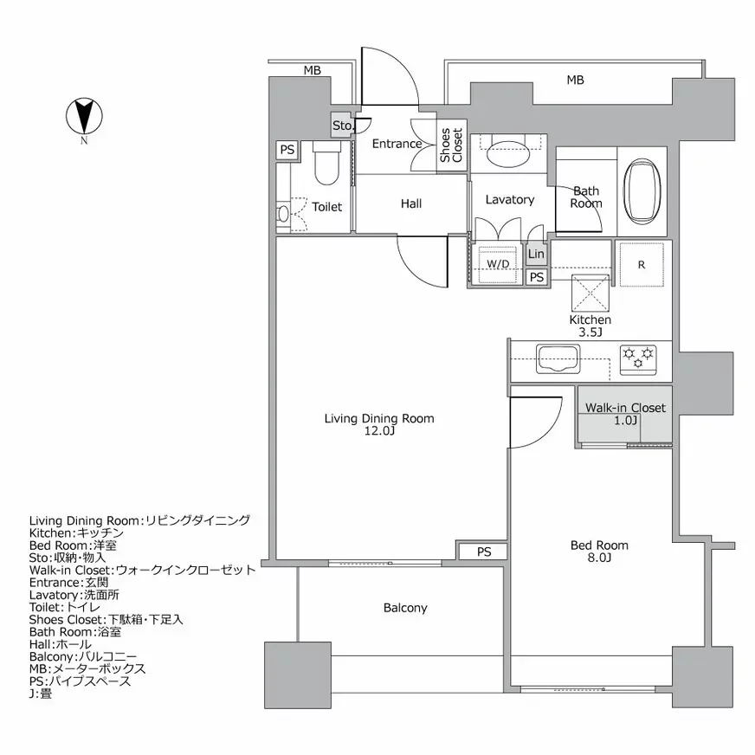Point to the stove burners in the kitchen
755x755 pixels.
(x=639, y=358)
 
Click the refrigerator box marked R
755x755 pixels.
(x=641, y=266)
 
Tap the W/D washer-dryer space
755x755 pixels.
(x=497, y=264)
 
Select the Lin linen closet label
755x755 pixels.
(x=537, y=255)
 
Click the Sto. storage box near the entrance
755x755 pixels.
(x=343, y=126)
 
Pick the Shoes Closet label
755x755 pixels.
(x=451, y=145)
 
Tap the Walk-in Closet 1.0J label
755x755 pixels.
(x=625, y=414)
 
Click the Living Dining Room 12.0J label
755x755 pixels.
(x=379, y=424)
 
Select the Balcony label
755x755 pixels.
(x=405, y=608)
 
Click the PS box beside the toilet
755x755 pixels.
(x=287, y=151)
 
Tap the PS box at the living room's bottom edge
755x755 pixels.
(x=483, y=552)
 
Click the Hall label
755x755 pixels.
(x=411, y=204)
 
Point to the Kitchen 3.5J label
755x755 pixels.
(x=590, y=326)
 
